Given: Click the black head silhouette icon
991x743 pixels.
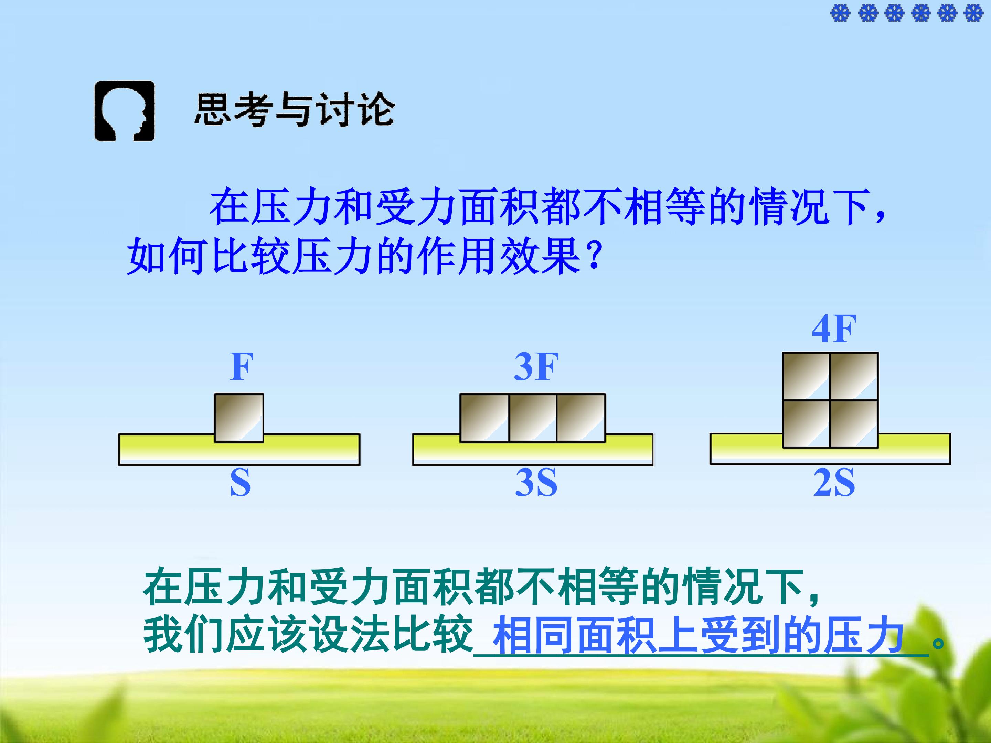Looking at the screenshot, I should pos(124,111).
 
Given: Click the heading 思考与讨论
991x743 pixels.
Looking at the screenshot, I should pos(294,110).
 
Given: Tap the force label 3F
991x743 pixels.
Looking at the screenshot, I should pos(536,367).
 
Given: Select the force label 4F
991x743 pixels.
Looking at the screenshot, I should pos(834,329).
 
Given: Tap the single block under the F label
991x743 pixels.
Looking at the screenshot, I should pos(239,418).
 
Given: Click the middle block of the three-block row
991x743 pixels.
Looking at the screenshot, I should pos(533,418).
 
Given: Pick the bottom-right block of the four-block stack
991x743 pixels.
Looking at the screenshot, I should pos(854,424).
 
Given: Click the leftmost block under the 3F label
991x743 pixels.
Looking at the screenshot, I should pos(484,418).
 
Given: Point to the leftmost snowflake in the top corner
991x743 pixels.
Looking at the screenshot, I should pos(840,13).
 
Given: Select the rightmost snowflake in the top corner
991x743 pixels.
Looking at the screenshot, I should pos(973,13).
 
